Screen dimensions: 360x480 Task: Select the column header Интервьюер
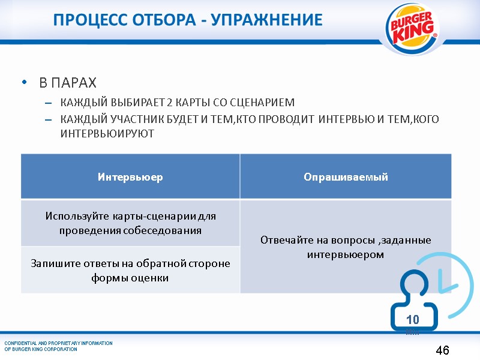click(130, 177)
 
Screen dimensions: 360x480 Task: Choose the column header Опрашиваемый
click(346, 177)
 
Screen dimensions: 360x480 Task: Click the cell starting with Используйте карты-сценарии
click(130, 223)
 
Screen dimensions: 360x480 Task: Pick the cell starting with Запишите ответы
click(130, 271)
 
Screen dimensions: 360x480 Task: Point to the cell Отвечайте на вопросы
click(346, 247)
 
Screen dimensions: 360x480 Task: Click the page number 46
click(442, 350)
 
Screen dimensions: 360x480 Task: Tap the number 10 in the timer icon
click(412, 319)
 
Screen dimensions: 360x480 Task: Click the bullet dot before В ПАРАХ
click(25, 82)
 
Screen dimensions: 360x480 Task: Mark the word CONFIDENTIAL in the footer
click(22, 343)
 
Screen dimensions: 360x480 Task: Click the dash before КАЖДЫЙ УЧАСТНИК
click(49, 119)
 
